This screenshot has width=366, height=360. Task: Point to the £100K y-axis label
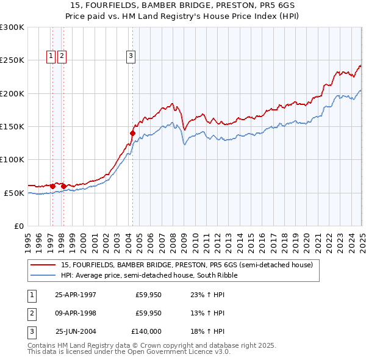[13, 160]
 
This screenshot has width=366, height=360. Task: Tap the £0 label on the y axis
[19, 226]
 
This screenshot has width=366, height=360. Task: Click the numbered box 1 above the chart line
[51, 56]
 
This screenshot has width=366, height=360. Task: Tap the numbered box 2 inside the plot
[62, 56]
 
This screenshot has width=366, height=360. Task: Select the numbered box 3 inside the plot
[131, 56]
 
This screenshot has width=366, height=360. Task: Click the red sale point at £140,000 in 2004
[132, 132]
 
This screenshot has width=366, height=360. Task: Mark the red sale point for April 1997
[53, 185]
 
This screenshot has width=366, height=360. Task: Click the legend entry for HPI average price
[144, 275]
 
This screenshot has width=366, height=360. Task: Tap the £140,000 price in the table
[146, 331]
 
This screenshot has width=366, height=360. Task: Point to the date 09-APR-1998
[76, 314]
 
